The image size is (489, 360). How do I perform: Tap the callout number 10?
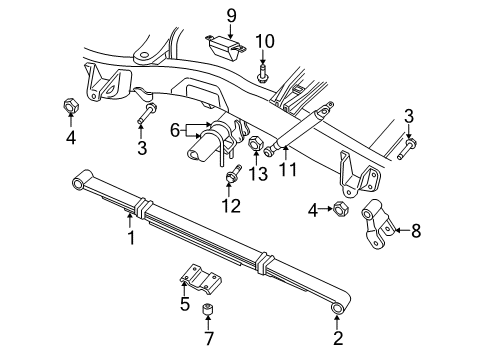pyautogui.click(x=264, y=40)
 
